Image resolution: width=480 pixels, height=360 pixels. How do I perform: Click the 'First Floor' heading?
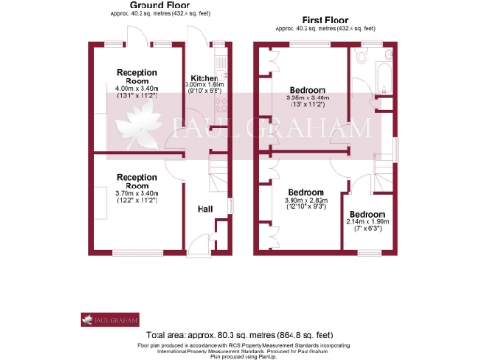(x=325, y=20)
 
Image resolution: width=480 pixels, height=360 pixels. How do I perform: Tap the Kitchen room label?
(x=204, y=78)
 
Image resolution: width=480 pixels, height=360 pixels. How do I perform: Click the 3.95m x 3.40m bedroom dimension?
(x=307, y=96)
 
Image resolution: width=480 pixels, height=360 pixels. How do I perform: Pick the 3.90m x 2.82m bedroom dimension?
(x=307, y=200)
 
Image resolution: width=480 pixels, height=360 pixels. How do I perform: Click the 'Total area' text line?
(x=239, y=335)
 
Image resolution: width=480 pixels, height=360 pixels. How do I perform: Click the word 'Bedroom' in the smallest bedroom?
(x=367, y=213)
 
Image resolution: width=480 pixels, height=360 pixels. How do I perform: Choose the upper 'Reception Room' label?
(x=140, y=75)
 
